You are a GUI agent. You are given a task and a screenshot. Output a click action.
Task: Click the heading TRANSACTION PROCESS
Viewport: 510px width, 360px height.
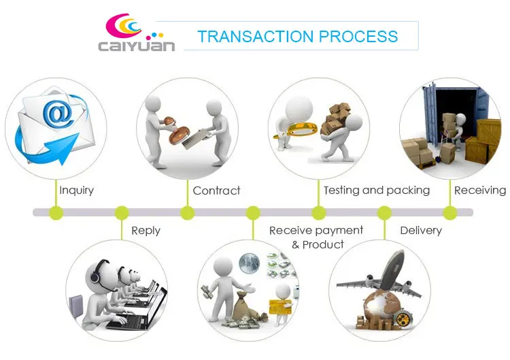pos(297,36)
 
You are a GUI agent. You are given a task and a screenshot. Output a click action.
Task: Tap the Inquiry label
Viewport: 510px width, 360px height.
pos(76,190)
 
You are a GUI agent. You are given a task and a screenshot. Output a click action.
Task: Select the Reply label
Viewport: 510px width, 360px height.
pos(146,231)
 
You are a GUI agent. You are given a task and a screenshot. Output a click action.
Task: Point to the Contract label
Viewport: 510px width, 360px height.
pos(216,191)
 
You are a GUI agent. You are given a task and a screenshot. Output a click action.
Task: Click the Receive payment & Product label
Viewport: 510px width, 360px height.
pos(316,237)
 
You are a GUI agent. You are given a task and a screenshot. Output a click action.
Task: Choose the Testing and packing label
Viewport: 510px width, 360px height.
pos(376,190)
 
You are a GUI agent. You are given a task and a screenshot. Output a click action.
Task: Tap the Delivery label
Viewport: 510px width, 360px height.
pos(421,231)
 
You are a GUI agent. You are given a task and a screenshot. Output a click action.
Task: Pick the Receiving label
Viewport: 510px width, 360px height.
pos(480,190)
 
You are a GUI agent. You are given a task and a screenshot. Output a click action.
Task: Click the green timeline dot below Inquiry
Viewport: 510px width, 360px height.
pos(56,213)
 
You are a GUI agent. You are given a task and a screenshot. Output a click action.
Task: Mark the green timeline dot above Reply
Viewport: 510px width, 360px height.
pos(122,213)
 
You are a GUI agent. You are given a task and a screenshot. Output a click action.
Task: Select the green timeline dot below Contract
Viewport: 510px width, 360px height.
pos(188,213)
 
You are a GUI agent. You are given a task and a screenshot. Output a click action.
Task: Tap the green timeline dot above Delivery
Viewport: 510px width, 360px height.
pos(385,213)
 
